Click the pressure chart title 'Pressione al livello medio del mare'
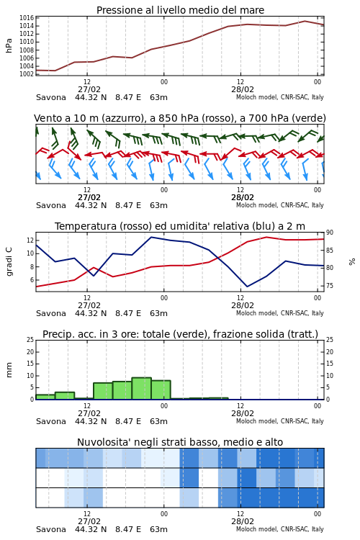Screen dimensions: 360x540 coord(180,10)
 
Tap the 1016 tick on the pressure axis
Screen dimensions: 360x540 coord(27,18)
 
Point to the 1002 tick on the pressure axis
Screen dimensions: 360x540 coord(27,74)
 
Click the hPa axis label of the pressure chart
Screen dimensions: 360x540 coord(9,45)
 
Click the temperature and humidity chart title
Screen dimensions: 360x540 coord(180,226)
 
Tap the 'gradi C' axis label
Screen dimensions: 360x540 coord(9,262)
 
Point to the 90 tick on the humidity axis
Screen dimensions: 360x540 coord(330,233)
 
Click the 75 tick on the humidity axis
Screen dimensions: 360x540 coord(330,286)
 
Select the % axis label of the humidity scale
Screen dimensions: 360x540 coord(352,262)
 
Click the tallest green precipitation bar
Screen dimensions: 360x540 coord(142,389)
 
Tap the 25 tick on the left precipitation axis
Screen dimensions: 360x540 coord(30,340)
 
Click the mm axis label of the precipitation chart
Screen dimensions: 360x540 coord(9,370)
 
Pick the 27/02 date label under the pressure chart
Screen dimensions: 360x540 coord(89,89)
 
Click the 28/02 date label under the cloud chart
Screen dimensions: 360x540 coord(243,521)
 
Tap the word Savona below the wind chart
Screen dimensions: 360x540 coord(51,206)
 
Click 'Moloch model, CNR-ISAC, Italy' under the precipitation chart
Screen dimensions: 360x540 coord(280,421)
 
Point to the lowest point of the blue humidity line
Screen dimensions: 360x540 coord(248,287)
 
